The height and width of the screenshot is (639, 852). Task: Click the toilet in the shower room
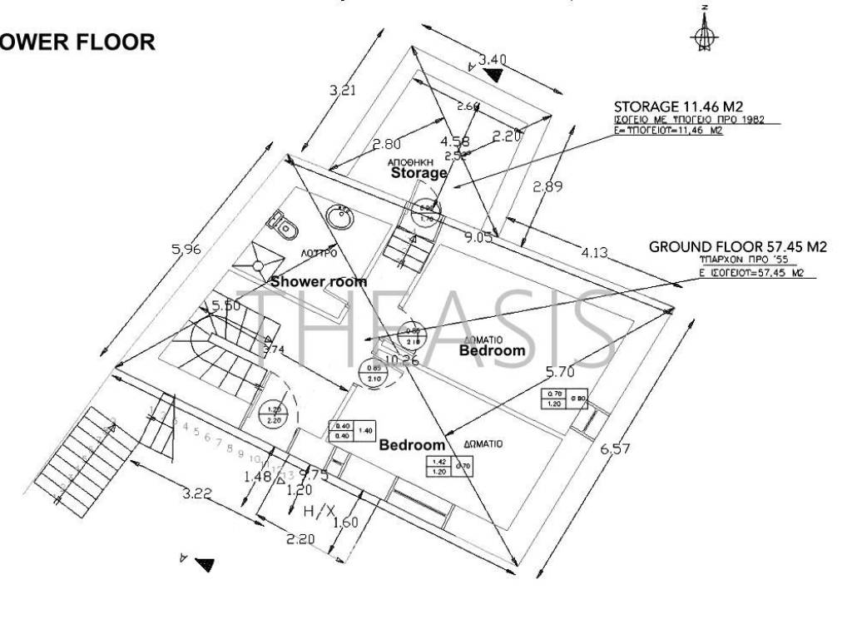point(281,224)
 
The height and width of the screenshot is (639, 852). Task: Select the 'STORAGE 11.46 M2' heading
point(678,106)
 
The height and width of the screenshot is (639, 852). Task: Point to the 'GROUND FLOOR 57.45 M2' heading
point(738,247)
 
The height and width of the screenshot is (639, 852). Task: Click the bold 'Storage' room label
point(419,173)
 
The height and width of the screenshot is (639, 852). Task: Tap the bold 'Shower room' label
point(318,281)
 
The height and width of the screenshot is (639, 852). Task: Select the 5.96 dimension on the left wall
point(186,249)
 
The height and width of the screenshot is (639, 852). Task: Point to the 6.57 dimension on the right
point(616,449)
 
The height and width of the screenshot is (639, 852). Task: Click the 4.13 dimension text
point(593,253)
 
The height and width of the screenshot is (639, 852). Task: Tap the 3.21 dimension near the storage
point(343,91)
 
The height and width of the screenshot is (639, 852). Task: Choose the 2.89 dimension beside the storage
point(547,187)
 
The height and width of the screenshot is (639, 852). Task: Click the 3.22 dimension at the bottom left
point(197,493)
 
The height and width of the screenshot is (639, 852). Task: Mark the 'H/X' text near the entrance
point(319,510)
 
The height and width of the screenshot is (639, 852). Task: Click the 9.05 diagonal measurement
point(478,238)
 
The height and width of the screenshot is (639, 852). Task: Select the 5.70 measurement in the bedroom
point(560,371)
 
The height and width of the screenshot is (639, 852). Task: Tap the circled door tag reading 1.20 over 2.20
point(272,414)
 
